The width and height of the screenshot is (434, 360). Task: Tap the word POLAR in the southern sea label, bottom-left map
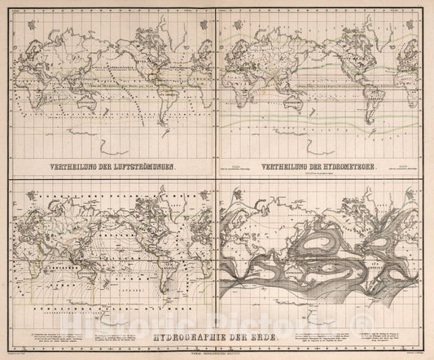(x=106, y=305)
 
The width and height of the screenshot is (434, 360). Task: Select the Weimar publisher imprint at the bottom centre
(x=217, y=352)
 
